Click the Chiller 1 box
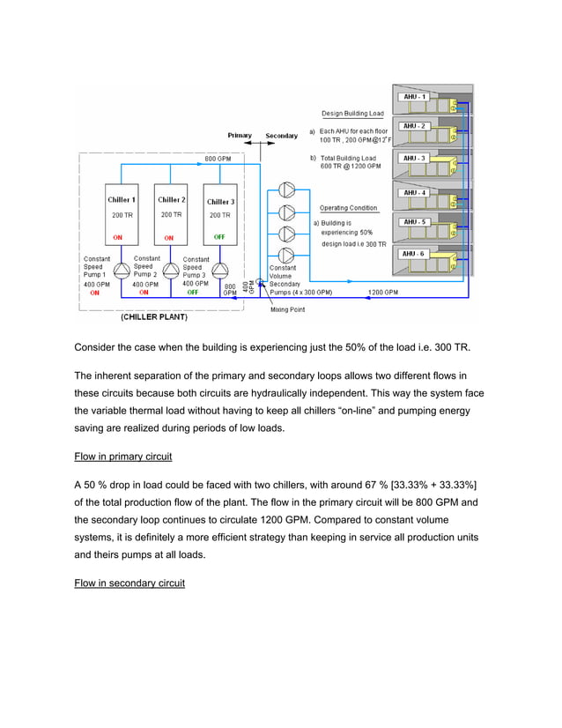pyautogui.click(x=122, y=215)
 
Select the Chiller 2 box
pyautogui.click(x=170, y=215)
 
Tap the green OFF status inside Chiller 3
pyautogui.click(x=219, y=236)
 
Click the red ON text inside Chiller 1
pyautogui.click(x=117, y=237)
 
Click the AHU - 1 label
pyautogui.click(x=415, y=96)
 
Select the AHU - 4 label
pyautogui.click(x=415, y=192)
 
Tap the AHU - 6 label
pyautogui.click(x=415, y=254)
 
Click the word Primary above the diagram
pyautogui.click(x=240, y=136)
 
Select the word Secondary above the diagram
pyautogui.click(x=282, y=136)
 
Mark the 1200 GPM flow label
pyautogui.click(x=382, y=292)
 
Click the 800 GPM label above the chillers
pyautogui.click(x=218, y=159)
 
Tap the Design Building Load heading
pyautogui.click(x=351, y=114)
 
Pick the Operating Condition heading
pyautogui.click(x=348, y=208)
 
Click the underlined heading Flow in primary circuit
pyautogui.click(x=123, y=457)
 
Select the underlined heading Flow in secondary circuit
pyautogui.click(x=129, y=583)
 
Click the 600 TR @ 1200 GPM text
pyautogui.click(x=350, y=167)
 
